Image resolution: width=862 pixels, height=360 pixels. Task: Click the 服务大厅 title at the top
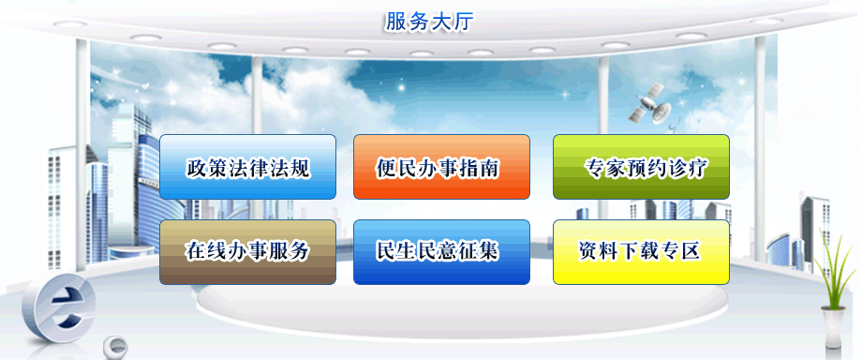pos(429,22)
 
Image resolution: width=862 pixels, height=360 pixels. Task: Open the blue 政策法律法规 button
pos(247,167)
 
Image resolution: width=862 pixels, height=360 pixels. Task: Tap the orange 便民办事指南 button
pos(441,167)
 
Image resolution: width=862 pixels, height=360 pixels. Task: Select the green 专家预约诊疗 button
pos(641,167)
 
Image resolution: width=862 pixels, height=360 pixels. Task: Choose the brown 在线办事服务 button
pos(247,252)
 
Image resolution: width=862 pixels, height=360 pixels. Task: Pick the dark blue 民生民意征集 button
pos(441,252)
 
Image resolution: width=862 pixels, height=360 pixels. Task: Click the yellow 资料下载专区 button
pos(641,252)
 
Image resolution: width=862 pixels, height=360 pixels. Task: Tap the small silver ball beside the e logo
pos(115,346)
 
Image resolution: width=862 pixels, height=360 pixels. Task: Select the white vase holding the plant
pos(833,327)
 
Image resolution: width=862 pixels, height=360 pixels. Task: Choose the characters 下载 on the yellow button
pos(641,251)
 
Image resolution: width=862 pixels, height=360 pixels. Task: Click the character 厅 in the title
pos(463,22)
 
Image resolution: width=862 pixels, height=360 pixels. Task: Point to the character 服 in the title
pos(395,22)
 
